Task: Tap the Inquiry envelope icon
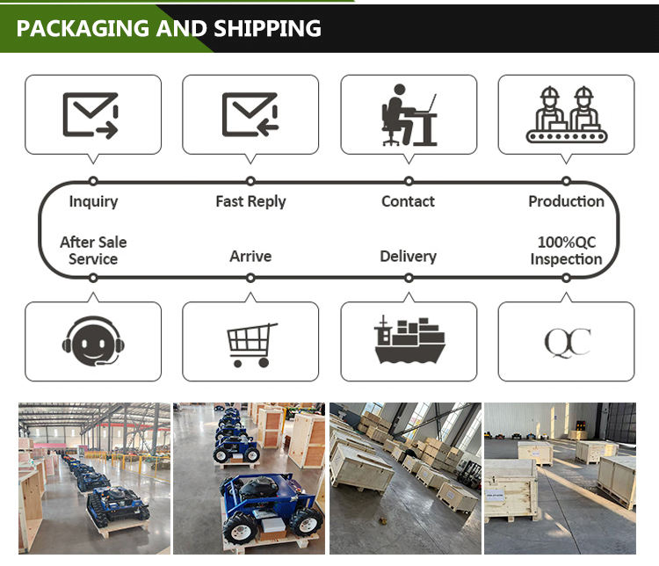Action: (91, 115)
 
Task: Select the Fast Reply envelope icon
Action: (250, 115)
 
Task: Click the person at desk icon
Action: (409, 114)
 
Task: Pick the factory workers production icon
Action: (566, 115)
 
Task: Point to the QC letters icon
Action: (567, 342)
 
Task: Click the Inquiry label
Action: (93, 201)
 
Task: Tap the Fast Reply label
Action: (250, 201)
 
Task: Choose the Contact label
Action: (408, 201)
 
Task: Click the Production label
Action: (566, 201)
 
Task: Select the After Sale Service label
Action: (93, 250)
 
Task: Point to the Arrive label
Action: (250, 257)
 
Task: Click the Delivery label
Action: (408, 257)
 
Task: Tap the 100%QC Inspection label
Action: (566, 250)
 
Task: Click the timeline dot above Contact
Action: (409, 181)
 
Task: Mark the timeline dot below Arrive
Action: (250, 278)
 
